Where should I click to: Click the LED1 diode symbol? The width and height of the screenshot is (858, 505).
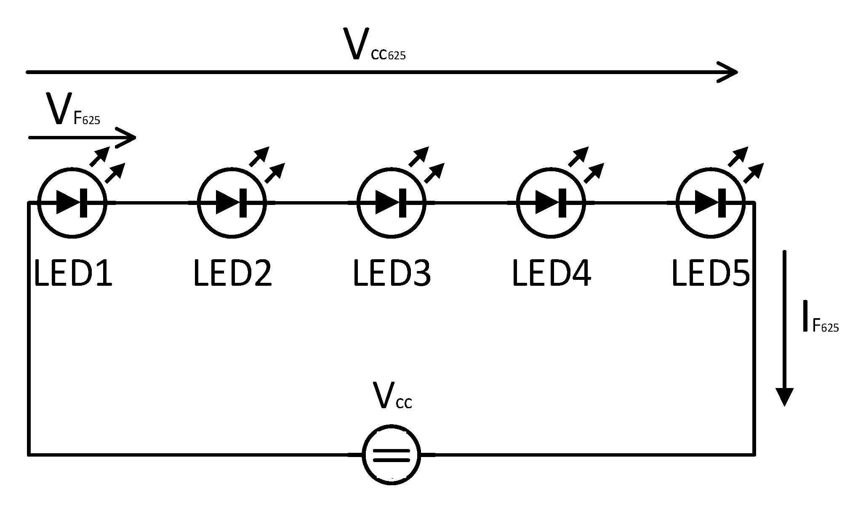pos(72,203)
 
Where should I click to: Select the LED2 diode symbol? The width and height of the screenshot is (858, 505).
pos(232,203)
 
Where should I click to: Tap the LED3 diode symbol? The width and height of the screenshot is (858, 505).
pos(391,203)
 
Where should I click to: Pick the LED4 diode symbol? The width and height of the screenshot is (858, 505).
pos(551,203)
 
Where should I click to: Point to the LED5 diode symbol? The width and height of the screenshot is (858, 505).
pos(710,203)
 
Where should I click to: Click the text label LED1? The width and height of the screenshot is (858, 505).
pos(73,274)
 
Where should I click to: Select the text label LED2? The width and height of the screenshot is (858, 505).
pos(232,274)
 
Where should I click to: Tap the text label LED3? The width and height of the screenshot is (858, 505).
pos(392,274)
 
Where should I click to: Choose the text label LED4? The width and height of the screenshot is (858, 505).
pos(551,274)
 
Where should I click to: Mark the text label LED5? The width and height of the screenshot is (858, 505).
pos(710,274)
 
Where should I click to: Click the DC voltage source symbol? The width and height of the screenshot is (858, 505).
pos(391,454)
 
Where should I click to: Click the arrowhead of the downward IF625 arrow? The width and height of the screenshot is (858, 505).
pos(784,396)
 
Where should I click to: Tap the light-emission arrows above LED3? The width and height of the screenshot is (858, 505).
pos(426,165)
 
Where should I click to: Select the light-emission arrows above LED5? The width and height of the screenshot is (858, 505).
pos(746,165)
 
